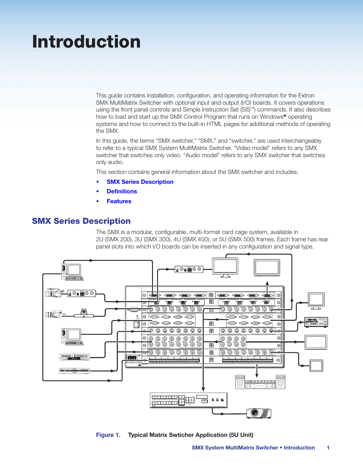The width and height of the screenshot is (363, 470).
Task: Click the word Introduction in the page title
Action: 86,42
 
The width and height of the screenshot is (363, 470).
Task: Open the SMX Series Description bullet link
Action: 140,182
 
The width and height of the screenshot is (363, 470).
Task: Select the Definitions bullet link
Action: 122,191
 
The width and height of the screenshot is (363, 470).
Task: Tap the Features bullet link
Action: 119,201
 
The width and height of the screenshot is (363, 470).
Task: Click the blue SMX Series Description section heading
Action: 81,221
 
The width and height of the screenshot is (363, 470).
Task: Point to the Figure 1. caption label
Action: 108,435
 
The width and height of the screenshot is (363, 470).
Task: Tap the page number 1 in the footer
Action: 328,448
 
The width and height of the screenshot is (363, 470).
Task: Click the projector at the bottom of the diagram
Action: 259,413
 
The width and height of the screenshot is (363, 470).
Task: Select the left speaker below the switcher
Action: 240,382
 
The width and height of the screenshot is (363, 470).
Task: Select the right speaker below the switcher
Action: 280,382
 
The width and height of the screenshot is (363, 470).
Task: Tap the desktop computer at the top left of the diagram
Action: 72,272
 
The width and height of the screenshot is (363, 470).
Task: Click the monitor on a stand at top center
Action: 225,268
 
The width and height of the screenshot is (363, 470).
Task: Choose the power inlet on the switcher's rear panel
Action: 132,358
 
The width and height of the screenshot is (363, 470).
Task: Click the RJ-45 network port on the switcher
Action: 136,325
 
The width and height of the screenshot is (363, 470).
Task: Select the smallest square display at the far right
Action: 316,366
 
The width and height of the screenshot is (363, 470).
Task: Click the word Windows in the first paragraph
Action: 271,117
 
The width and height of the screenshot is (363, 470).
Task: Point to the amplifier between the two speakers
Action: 260,384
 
